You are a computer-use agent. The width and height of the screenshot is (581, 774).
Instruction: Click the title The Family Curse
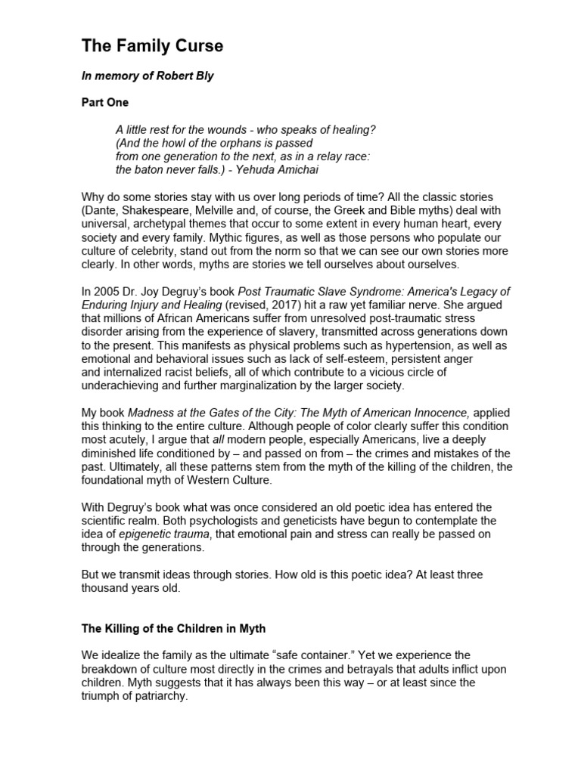(x=152, y=46)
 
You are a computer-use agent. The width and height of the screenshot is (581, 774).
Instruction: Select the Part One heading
(x=104, y=102)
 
